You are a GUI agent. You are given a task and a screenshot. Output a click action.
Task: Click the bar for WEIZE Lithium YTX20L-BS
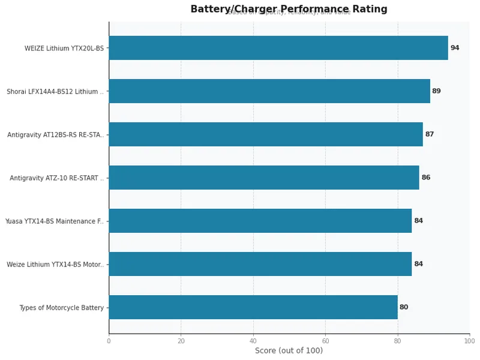click(x=278, y=48)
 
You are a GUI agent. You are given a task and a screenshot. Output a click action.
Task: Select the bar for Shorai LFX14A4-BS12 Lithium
click(x=269, y=91)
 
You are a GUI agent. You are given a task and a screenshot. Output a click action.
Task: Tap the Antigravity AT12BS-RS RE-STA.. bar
click(x=265, y=134)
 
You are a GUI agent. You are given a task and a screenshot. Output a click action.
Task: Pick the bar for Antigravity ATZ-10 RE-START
click(x=263, y=178)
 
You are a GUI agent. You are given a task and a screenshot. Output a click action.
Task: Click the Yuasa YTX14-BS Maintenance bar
click(x=260, y=221)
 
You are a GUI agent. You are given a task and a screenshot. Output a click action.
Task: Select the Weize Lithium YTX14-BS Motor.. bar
click(x=260, y=264)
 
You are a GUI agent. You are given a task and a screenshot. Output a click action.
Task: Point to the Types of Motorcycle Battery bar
click(x=253, y=307)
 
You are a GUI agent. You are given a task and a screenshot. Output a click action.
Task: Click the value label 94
click(x=455, y=48)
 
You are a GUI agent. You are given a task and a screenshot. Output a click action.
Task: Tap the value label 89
click(x=436, y=91)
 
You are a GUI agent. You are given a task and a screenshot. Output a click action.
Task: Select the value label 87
click(x=429, y=134)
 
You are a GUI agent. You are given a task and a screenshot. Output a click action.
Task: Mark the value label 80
click(x=404, y=307)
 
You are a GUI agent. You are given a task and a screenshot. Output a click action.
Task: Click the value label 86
click(x=425, y=178)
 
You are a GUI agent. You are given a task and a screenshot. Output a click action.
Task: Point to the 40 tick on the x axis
click(x=253, y=341)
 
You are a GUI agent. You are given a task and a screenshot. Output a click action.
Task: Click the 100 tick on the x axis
click(x=469, y=341)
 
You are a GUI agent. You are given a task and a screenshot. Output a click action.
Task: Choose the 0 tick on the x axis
click(x=109, y=341)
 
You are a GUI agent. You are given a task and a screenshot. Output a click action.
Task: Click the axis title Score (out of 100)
click(x=289, y=351)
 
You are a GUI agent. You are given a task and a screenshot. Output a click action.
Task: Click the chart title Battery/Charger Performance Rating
click(x=289, y=9)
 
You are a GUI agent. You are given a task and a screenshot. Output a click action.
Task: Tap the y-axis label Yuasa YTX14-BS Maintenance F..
click(x=54, y=221)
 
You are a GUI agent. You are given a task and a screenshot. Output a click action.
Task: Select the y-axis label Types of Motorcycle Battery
click(x=61, y=308)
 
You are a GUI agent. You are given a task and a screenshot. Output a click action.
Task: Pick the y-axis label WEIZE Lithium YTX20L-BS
click(x=64, y=49)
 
